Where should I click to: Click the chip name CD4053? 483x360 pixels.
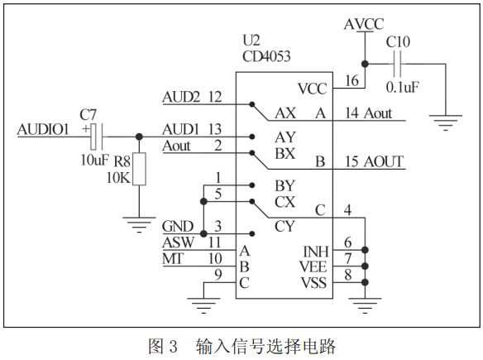pyautogui.click(x=266, y=57)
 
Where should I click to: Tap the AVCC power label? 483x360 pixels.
pyautogui.click(x=363, y=24)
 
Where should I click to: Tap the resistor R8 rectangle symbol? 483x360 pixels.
pyautogui.click(x=139, y=170)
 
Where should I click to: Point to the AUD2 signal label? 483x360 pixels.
pyautogui.click(x=180, y=98)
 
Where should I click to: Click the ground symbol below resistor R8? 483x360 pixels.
pyautogui.click(x=139, y=221)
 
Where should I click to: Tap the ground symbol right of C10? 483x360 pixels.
pyautogui.click(x=447, y=124)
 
